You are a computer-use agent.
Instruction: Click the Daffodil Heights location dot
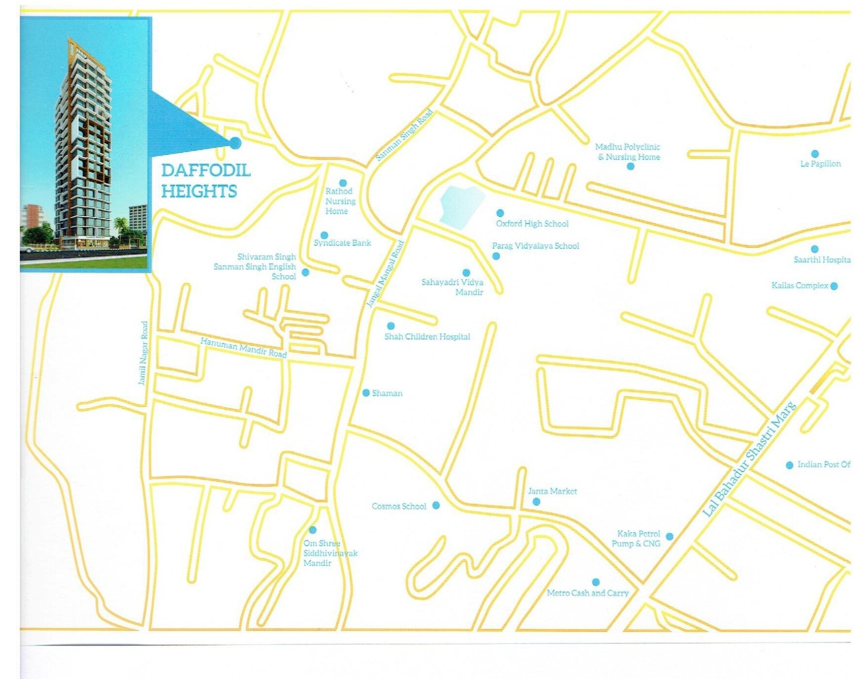[x=235, y=142]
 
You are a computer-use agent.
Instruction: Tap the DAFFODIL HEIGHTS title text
[x=205, y=180]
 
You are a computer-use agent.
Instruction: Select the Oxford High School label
[x=532, y=223]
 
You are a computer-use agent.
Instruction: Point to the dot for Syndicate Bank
[x=324, y=236]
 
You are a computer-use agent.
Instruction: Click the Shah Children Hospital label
[x=427, y=337]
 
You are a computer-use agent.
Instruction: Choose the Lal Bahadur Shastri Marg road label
[x=750, y=459]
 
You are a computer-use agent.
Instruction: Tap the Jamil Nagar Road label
[x=143, y=353]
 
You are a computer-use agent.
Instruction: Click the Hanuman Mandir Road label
[x=244, y=348]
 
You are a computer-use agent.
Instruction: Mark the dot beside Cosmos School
[x=436, y=505]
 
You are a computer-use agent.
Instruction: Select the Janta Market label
[x=552, y=491]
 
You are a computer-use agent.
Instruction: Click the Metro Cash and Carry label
[x=587, y=593]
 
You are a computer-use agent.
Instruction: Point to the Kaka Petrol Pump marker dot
[x=669, y=536]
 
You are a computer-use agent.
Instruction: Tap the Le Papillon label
[x=820, y=164]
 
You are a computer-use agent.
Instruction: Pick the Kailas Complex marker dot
[x=834, y=286]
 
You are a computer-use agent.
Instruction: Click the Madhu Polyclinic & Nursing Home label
[x=628, y=152]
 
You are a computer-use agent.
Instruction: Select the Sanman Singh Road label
[x=404, y=136]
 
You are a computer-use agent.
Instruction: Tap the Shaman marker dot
[x=366, y=392]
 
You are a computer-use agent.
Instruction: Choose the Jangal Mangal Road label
[x=385, y=274]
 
